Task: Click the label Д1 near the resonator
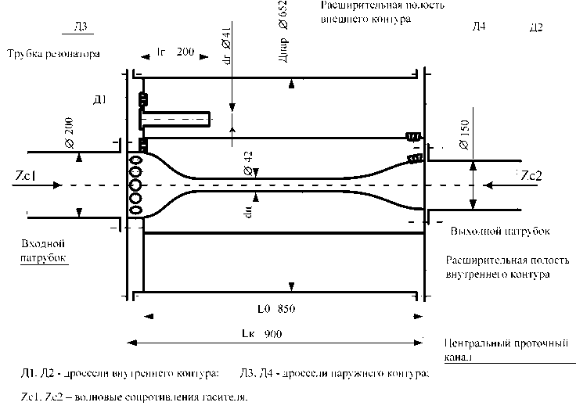coord(99,99)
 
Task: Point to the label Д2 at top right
coord(536,29)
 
